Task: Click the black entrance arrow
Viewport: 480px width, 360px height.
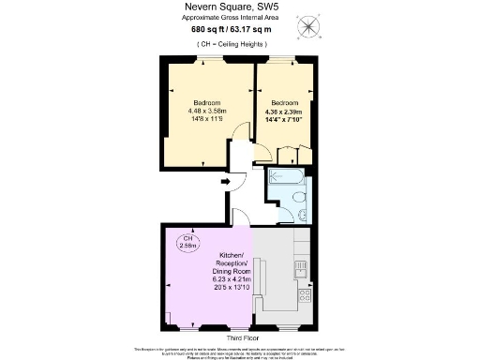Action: point(226,181)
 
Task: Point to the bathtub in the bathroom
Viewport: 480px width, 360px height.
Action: point(287,176)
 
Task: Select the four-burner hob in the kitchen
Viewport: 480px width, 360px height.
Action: point(304,297)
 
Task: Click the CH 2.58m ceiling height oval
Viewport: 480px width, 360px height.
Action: point(187,242)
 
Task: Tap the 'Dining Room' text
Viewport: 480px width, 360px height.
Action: point(231,271)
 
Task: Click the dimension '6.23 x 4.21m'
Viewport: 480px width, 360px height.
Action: point(231,278)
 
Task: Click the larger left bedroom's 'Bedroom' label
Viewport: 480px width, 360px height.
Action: point(206,102)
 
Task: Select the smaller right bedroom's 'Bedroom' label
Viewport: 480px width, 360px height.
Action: point(284,102)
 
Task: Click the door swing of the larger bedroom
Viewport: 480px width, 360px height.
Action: point(243,133)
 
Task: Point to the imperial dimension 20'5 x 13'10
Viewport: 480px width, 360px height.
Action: point(231,287)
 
